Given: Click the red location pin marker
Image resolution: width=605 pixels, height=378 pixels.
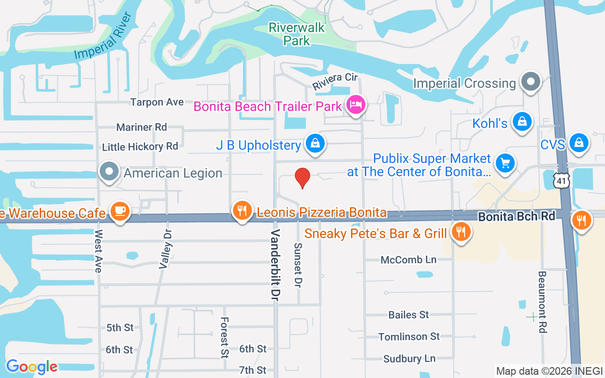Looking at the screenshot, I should (x=302, y=178).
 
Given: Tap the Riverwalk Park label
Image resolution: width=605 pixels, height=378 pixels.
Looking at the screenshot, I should (x=297, y=34).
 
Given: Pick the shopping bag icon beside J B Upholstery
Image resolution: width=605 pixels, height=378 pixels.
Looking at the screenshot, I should (x=314, y=143).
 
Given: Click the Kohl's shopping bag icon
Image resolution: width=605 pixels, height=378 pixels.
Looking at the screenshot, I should (x=522, y=121).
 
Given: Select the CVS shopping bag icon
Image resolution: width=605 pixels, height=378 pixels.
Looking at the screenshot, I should (x=579, y=142).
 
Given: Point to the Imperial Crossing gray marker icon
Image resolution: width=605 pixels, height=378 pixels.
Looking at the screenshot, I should (x=531, y=82).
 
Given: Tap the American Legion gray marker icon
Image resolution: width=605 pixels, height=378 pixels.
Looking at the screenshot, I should (x=110, y=171).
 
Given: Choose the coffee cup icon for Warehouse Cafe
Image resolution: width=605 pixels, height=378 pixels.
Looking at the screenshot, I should (x=120, y=210).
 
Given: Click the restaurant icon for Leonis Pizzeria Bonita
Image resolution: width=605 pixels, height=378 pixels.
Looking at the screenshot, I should (x=242, y=210).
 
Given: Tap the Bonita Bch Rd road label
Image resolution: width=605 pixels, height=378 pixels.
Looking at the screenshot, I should (x=516, y=217).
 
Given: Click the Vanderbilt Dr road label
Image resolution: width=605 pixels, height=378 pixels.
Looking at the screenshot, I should (x=276, y=265).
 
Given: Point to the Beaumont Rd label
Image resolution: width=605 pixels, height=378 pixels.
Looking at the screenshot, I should (x=542, y=302).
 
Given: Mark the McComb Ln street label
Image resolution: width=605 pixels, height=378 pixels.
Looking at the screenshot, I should (x=409, y=260).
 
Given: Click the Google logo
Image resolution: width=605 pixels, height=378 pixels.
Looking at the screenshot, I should (x=32, y=366).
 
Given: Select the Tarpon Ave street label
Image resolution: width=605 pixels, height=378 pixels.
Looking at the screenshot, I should (x=157, y=102).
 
